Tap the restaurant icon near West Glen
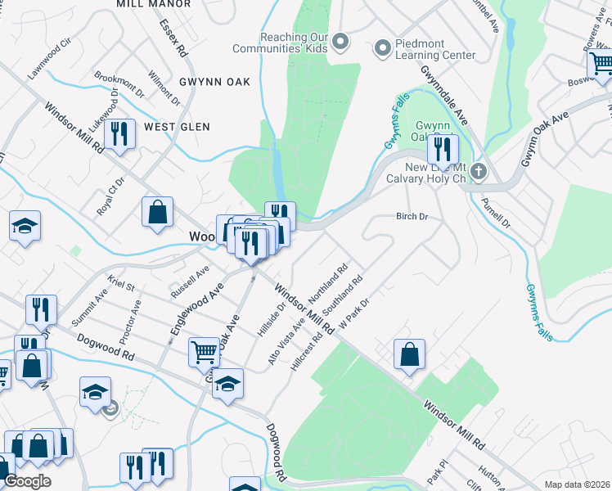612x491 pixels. (121, 134)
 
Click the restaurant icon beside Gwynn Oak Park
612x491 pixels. (443, 151)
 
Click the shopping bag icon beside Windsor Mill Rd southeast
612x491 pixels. (409, 355)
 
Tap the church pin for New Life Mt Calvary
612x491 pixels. (479, 172)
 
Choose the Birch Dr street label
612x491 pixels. (412, 217)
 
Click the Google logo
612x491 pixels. (26, 481)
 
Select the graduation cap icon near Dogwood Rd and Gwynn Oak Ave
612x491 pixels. (228, 382)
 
